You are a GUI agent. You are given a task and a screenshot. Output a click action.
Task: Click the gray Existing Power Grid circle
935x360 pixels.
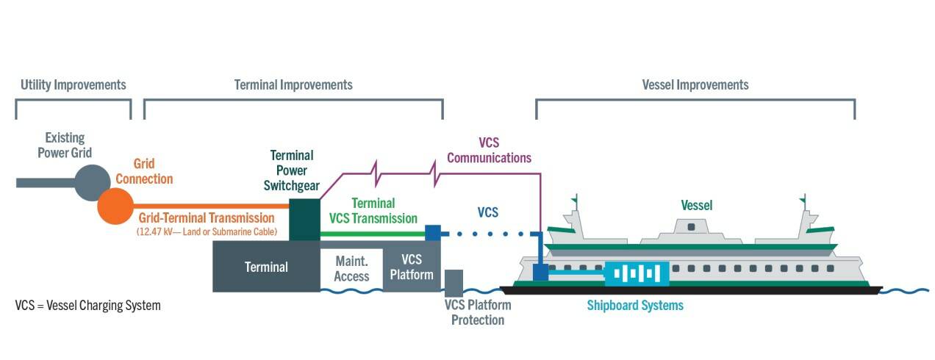pyautogui.click(x=90, y=182)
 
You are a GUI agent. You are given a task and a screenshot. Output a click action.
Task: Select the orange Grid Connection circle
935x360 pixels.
pyautogui.click(x=115, y=206)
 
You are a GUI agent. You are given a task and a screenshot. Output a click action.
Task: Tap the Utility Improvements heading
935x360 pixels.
pyautogui.click(x=73, y=84)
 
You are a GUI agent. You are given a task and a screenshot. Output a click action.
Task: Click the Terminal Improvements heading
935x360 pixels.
pyautogui.click(x=293, y=84)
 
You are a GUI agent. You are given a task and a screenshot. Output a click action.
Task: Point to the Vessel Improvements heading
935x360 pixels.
pyautogui.click(x=695, y=84)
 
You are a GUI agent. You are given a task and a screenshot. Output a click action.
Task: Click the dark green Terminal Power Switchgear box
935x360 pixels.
pyautogui.click(x=304, y=219)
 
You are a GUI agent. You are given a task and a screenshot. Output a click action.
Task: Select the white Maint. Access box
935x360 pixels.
pyautogui.click(x=351, y=269)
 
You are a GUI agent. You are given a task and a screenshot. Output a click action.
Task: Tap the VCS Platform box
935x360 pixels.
pyautogui.click(x=412, y=267)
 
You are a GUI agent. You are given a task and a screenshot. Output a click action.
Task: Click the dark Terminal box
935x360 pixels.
pyautogui.click(x=266, y=267)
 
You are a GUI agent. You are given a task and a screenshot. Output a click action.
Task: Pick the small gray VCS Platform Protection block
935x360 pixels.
pyautogui.click(x=454, y=284)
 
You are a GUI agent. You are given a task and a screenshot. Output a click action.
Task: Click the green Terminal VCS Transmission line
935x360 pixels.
pyautogui.click(x=372, y=234)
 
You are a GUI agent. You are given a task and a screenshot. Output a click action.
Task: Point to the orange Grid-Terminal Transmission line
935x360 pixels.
pyautogui.click(x=210, y=206)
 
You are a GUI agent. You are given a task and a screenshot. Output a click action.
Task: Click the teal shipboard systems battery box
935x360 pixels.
pyautogui.click(x=637, y=273)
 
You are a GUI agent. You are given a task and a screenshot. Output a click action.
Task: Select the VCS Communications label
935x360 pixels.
pyautogui.click(x=489, y=150)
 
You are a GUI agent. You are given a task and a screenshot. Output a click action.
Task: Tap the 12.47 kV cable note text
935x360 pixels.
pyautogui.click(x=207, y=231)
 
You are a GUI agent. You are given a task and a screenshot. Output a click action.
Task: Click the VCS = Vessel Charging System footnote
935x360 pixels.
pyautogui.click(x=87, y=305)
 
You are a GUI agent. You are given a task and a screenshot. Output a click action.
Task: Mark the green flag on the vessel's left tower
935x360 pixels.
pyautogui.click(x=575, y=199)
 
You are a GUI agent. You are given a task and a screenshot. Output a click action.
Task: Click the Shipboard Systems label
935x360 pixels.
pyautogui.click(x=634, y=305)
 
